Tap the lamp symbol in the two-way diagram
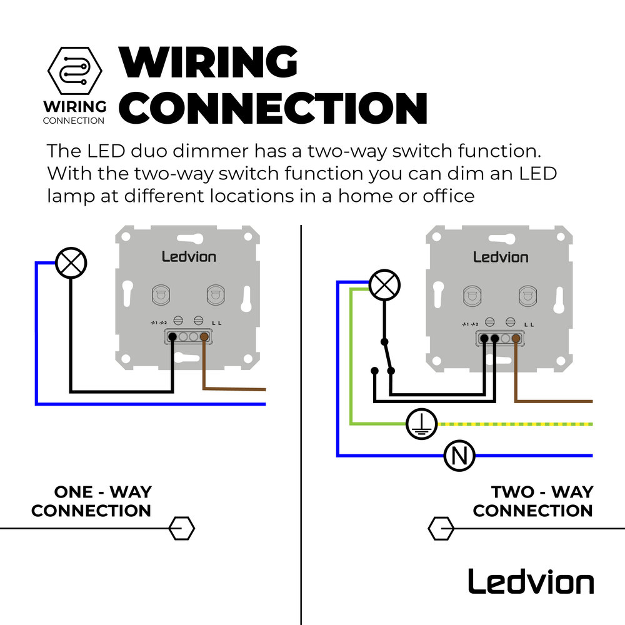(x=384, y=286)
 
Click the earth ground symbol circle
(x=422, y=424)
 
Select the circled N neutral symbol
(x=460, y=456)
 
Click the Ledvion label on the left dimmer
(x=188, y=256)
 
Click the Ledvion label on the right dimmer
(x=500, y=256)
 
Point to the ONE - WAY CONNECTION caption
(x=92, y=501)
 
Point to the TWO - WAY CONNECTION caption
(x=532, y=501)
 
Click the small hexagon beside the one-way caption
(x=182, y=529)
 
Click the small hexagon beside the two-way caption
(x=441, y=529)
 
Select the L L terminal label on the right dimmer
(x=529, y=324)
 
